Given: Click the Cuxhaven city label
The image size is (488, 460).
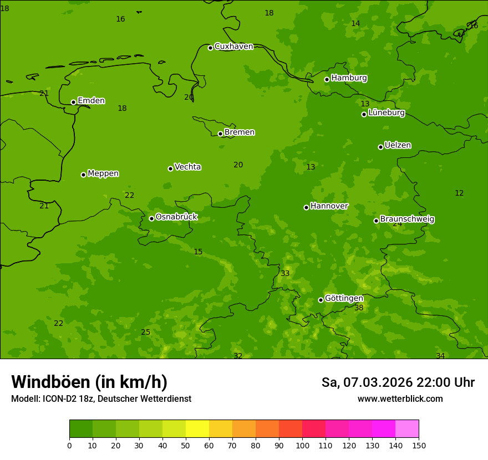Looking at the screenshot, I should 233,46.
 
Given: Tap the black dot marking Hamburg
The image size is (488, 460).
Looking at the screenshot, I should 327,79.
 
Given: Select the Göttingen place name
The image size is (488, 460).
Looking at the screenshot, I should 344,298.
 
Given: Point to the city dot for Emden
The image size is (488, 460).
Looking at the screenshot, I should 73,102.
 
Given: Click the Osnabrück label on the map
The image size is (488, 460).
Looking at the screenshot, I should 176,217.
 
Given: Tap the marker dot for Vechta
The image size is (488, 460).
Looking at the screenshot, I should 170,168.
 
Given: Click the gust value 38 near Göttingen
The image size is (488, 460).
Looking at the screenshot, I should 359,308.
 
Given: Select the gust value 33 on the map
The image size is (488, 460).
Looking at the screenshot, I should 285,273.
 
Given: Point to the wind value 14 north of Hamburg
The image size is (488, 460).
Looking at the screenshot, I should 355,23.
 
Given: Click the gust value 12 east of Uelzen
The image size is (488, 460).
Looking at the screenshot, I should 459,193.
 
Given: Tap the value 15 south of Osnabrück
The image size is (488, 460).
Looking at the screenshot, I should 198,252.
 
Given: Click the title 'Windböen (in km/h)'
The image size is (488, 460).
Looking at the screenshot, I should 89,382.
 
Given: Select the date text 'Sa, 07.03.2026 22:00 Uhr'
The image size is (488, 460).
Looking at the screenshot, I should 398,382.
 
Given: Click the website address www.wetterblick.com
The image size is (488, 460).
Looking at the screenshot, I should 400,399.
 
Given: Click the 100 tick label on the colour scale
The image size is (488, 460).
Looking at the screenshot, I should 302,445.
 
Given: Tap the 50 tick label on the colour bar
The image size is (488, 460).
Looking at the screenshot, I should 186,445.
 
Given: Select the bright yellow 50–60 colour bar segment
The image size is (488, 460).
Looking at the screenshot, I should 197,429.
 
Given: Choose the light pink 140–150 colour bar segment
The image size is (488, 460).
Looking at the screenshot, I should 407,429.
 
